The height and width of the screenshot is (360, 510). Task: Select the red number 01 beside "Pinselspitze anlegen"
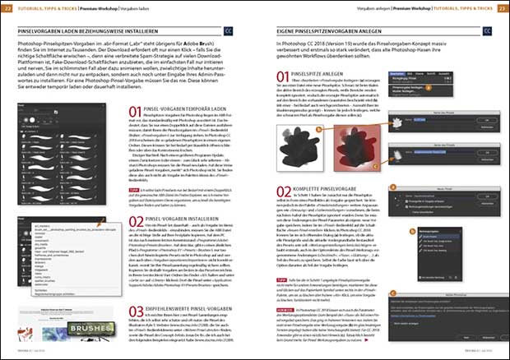coord(284,78)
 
